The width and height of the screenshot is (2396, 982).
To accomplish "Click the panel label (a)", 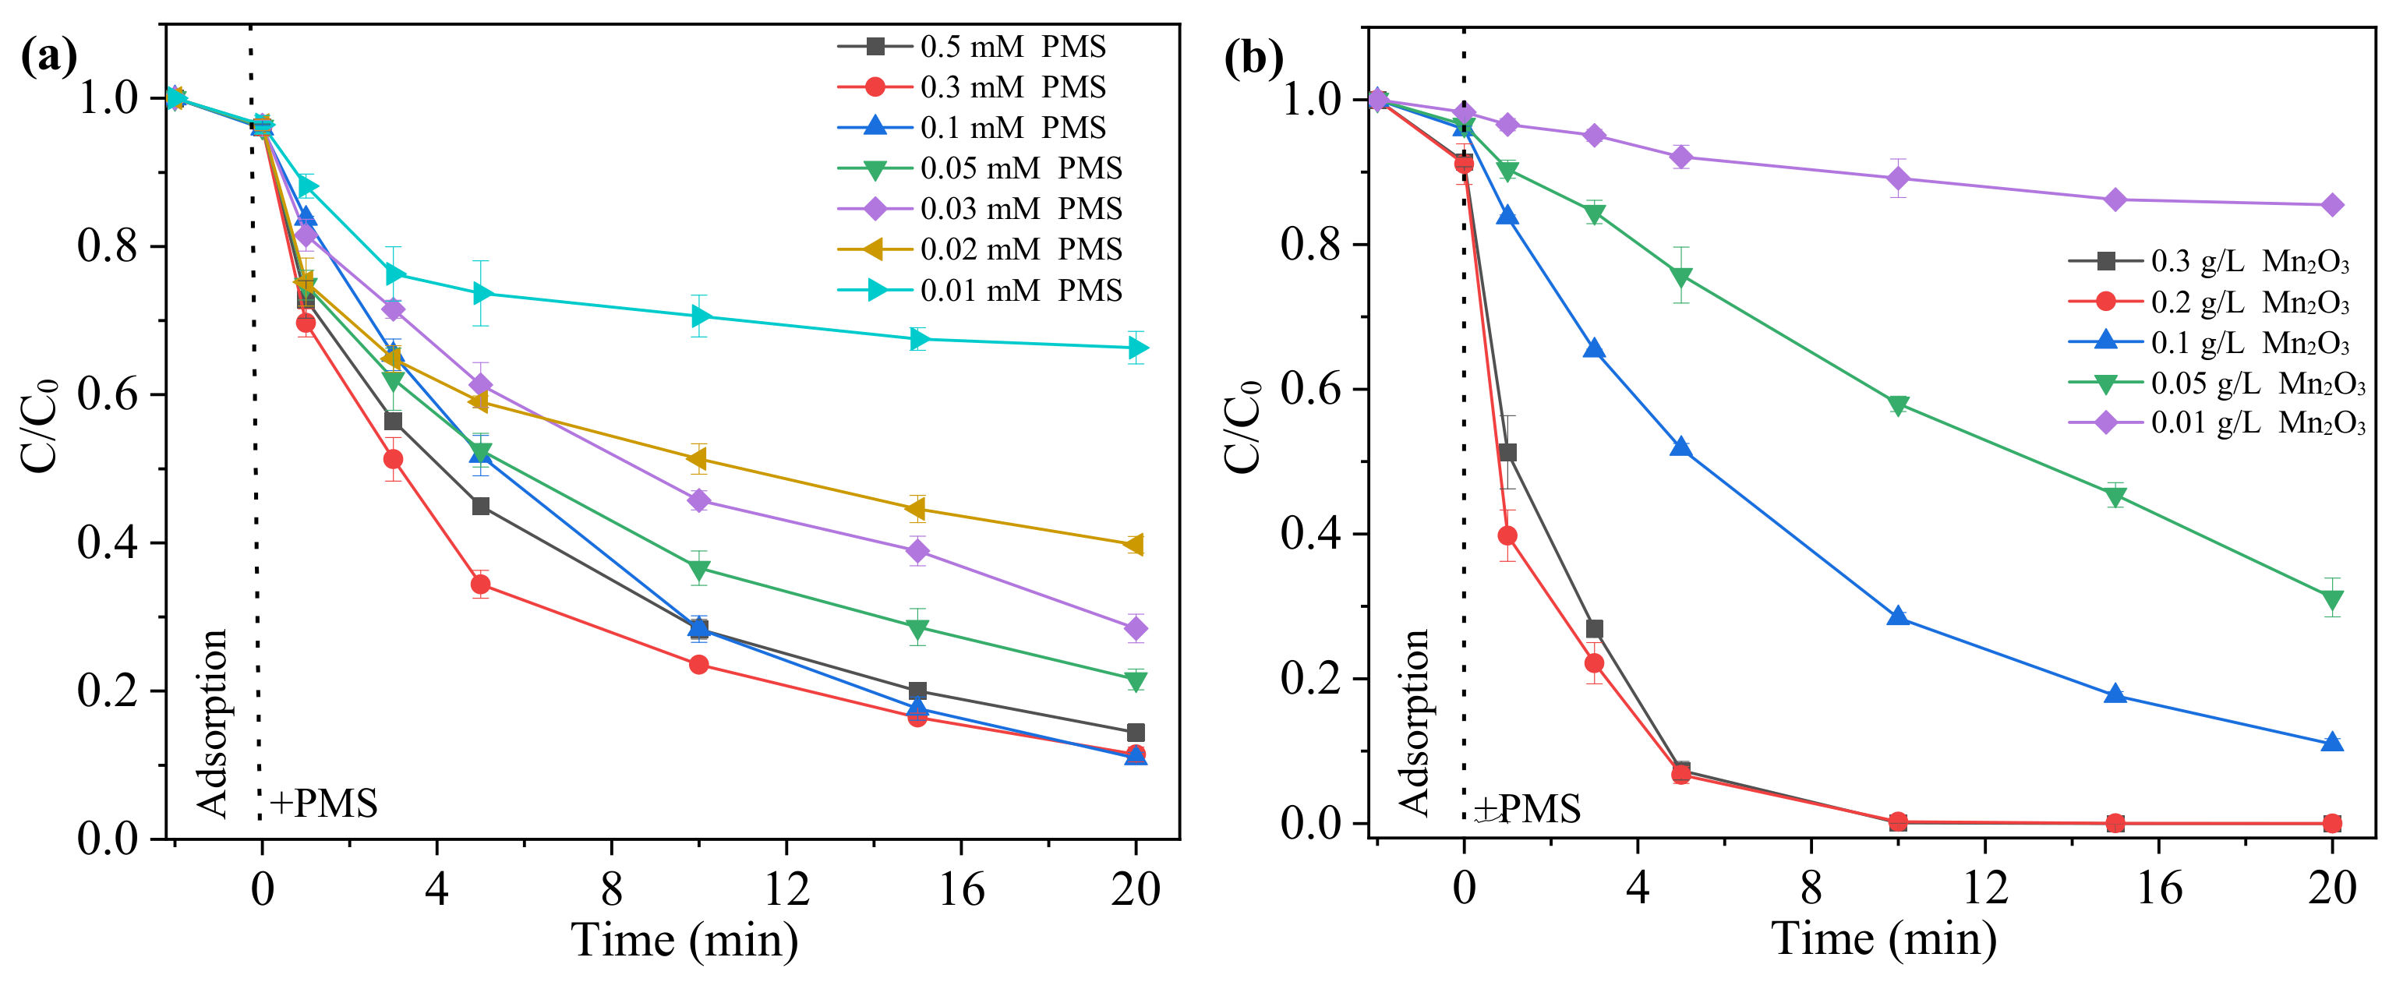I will (x=48, y=58).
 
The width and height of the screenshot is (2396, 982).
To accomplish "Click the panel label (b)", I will (x=1253, y=58).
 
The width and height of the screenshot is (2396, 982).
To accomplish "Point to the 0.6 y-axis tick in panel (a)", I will (x=108, y=394).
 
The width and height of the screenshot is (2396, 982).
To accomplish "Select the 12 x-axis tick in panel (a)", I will (x=786, y=889).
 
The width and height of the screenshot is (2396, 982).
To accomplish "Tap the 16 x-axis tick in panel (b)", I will (x=2158, y=889).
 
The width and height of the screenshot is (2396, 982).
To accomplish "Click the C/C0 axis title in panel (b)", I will (x=1241, y=428).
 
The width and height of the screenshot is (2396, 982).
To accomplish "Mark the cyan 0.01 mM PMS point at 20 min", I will (x=1136, y=348).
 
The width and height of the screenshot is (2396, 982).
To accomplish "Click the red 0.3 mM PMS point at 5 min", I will (x=480, y=584).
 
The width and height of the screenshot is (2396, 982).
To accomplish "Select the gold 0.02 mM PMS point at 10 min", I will (x=698, y=459).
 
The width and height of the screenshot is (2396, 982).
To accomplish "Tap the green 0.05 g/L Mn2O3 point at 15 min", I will (x=2115, y=496).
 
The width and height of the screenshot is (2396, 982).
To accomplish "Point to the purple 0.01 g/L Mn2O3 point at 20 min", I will (x=2332, y=204).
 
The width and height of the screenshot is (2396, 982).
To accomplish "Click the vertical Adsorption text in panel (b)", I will (x=1413, y=722).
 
